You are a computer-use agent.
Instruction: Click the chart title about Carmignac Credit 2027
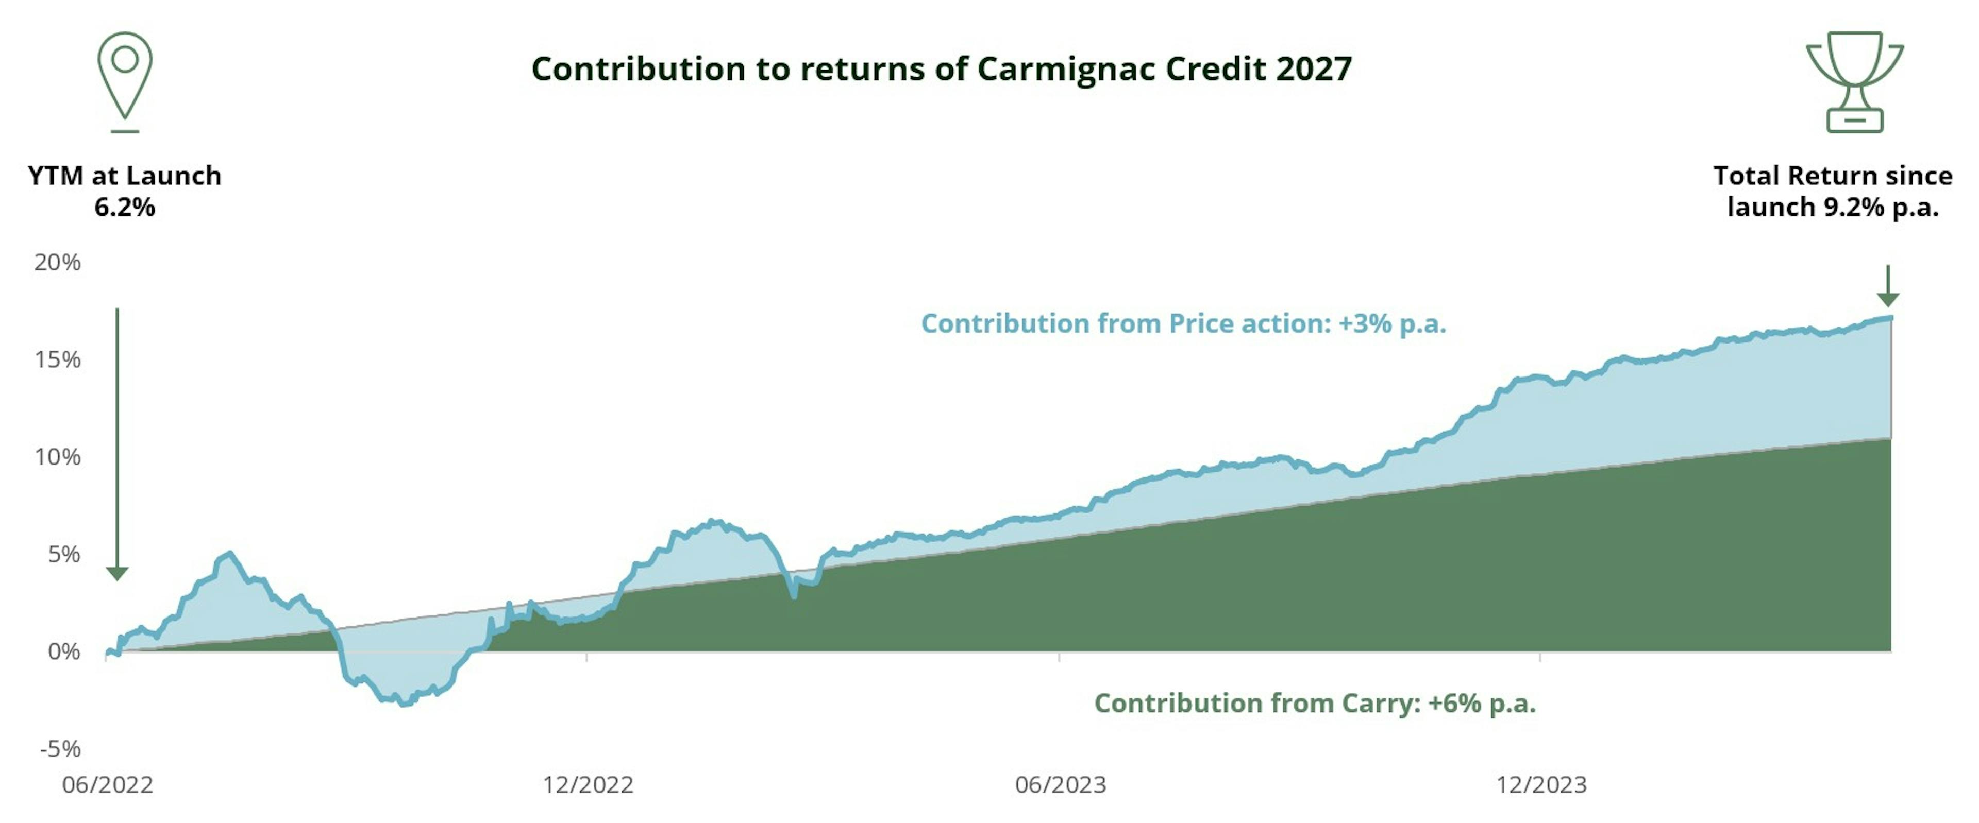tap(941, 69)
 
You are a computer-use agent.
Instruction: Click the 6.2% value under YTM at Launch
tap(124, 207)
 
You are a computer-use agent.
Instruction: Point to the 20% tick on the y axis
tap(57, 263)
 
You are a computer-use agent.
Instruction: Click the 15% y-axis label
tap(57, 360)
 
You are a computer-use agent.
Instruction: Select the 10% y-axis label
tap(57, 457)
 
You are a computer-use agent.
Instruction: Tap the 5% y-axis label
tap(63, 554)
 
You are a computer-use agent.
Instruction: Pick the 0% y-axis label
tap(63, 652)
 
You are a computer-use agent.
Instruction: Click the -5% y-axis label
tap(60, 748)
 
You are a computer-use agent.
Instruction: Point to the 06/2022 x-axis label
tap(108, 784)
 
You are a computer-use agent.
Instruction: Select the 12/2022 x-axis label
tap(588, 784)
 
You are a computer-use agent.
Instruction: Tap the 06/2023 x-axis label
tap(1060, 784)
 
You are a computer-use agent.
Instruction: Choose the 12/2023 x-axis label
tap(1540, 784)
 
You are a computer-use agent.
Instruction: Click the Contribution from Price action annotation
tap(1183, 324)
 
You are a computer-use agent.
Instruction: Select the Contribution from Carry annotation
tap(1315, 703)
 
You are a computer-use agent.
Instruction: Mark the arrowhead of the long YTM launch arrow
tap(117, 574)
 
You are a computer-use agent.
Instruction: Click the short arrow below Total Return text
tap(1888, 286)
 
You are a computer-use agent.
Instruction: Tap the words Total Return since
tap(1832, 176)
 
